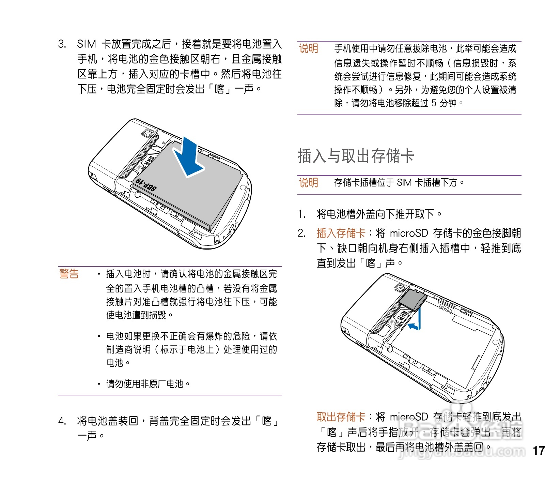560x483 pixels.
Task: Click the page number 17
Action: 539,451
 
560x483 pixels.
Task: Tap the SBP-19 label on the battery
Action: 146,184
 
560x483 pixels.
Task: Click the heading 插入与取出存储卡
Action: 356,156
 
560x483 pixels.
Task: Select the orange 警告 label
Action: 69,274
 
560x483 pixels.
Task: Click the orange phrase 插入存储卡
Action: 341,233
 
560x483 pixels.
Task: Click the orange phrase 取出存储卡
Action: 341,417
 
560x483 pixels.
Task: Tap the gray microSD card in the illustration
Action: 413,299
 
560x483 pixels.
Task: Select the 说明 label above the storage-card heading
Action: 309,49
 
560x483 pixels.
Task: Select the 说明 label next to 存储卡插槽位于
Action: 309,183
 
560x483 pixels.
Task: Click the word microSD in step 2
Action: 408,233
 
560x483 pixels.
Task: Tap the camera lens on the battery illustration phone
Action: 147,133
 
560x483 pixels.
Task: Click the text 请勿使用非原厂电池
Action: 145,384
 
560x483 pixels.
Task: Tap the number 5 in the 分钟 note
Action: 434,103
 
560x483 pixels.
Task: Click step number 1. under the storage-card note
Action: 301,214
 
